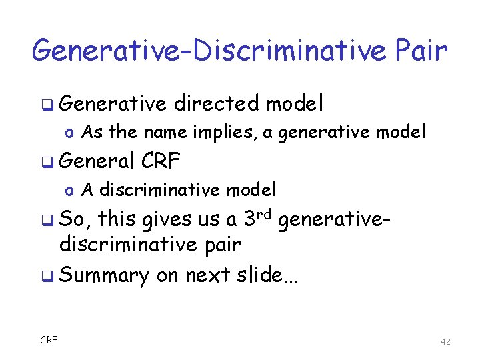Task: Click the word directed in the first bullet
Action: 215,103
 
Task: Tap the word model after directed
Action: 294,103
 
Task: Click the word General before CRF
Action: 97,161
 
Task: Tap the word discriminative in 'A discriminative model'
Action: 159,190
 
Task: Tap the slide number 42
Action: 445,341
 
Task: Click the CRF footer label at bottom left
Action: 49,341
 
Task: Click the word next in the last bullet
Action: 204,275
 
